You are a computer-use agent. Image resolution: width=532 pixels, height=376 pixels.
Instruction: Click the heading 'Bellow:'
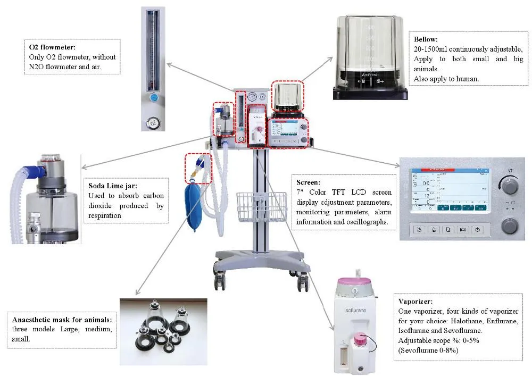click(x=426, y=39)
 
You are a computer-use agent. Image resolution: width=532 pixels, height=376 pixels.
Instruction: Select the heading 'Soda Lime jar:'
click(x=112, y=187)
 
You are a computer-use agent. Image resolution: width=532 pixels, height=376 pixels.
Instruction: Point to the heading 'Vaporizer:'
click(x=415, y=300)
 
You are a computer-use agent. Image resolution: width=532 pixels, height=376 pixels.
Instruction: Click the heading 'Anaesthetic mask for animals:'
click(x=62, y=320)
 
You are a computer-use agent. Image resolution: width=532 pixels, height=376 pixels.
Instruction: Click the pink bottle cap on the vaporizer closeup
click(x=361, y=338)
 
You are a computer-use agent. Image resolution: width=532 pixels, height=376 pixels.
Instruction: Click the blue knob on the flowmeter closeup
click(x=154, y=98)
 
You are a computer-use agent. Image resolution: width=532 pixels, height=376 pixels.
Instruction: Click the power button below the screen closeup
click(x=478, y=230)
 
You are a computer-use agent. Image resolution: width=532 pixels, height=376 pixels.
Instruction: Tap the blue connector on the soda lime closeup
click(x=40, y=171)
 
